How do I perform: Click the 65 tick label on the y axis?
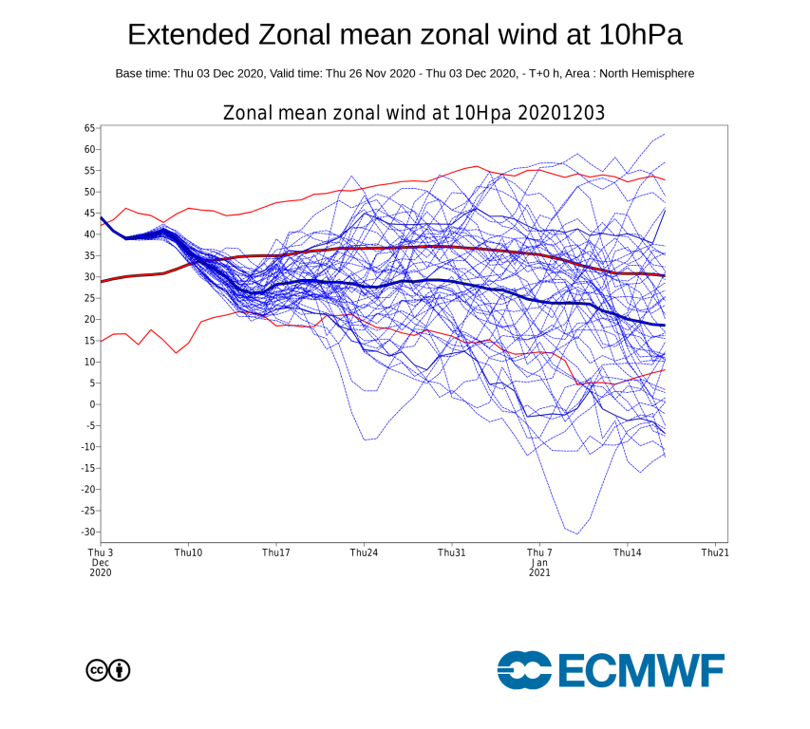tap(89, 127)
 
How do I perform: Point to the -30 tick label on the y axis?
tap(86, 532)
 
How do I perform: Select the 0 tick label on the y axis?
tap(92, 404)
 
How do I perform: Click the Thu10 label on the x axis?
tap(188, 552)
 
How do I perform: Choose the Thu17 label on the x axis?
tap(276, 552)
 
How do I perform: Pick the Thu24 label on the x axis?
tap(364, 552)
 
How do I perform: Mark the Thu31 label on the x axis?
tap(451, 552)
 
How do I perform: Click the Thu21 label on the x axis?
tap(714, 552)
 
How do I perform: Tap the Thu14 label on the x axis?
tap(627, 552)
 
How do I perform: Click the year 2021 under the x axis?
tap(539, 573)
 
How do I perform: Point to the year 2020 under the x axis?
tap(101, 573)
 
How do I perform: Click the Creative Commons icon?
tap(96, 670)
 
